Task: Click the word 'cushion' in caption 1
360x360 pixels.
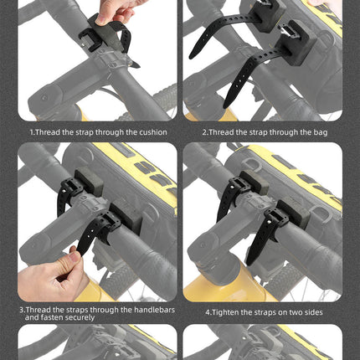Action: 153,132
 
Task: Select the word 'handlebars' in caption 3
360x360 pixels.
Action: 154,310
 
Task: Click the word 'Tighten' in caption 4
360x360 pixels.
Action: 225,312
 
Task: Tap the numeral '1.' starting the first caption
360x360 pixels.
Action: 33,132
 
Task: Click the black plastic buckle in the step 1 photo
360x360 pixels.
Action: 89,39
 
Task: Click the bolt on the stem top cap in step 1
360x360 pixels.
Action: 44,98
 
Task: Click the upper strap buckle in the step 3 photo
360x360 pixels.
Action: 70,188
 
